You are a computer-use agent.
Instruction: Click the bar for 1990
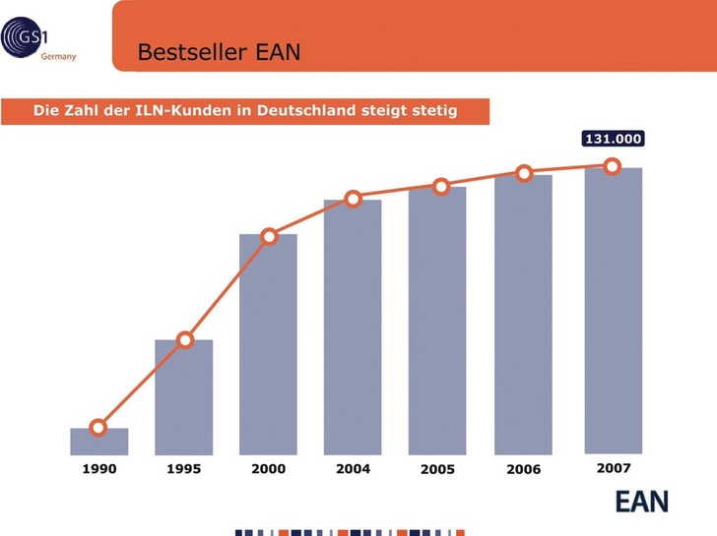[99, 442]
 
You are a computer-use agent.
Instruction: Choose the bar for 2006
[523, 315]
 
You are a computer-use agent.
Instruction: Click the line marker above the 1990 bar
[98, 427]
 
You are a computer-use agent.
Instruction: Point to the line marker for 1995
[184, 340]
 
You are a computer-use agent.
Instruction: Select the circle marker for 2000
[269, 236]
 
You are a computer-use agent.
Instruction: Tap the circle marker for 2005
[441, 186]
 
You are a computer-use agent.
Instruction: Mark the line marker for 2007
[612, 166]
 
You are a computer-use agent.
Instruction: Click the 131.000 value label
[614, 140]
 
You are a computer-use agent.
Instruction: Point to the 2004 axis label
[353, 469]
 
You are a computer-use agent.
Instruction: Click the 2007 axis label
[614, 468]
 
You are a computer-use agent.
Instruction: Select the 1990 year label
[98, 469]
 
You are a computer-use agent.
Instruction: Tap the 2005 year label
[437, 469]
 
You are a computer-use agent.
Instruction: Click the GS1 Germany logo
[39, 41]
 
